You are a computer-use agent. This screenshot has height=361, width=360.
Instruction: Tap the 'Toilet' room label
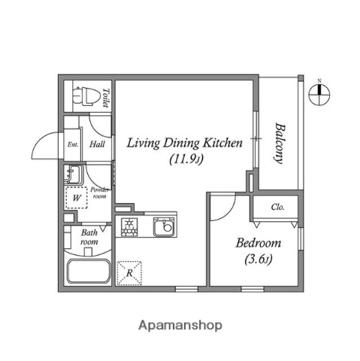click(106, 98)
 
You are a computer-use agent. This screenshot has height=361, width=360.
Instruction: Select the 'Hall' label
click(97, 144)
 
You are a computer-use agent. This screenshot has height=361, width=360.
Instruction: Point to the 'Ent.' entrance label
click(74, 144)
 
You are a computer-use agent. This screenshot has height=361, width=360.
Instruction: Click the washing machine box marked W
click(76, 198)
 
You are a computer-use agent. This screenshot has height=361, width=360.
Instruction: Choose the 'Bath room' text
click(89, 238)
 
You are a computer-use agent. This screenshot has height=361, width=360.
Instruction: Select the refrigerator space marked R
click(129, 273)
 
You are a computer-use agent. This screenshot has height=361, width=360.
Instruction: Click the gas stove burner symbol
click(129, 226)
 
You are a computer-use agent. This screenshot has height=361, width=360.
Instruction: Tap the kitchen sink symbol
click(164, 226)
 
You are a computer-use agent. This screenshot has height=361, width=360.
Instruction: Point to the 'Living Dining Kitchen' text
click(183, 142)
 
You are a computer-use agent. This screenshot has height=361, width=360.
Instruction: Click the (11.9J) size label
click(183, 159)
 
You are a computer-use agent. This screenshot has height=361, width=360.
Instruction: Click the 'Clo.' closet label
click(277, 207)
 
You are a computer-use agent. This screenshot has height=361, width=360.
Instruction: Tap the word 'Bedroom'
click(258, 243)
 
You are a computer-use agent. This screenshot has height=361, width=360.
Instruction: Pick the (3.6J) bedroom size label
click(258, 260)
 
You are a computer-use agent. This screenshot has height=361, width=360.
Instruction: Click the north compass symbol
click(319, 92)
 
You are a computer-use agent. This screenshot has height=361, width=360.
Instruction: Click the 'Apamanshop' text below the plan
click(180, 326)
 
